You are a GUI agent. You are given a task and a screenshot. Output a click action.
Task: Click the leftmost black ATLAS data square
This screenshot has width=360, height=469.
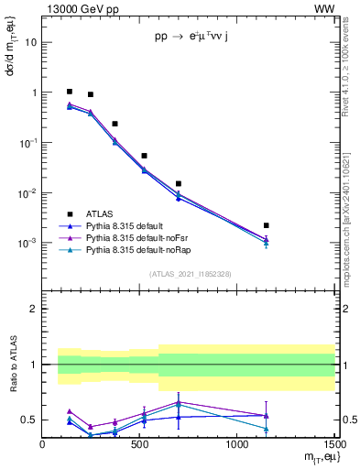click(70, 92)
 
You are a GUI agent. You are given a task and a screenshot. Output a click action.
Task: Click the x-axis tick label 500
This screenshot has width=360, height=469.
click(139, 445)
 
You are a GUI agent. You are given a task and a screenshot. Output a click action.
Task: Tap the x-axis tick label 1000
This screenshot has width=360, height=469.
click(236, 445)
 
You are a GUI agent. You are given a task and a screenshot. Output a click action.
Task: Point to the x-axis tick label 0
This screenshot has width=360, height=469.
click(43, 445)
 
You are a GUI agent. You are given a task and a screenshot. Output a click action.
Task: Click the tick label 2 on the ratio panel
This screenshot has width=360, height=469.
click(34, 310)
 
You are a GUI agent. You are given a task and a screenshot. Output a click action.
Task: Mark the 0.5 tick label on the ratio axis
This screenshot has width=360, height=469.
click(29, 420)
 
